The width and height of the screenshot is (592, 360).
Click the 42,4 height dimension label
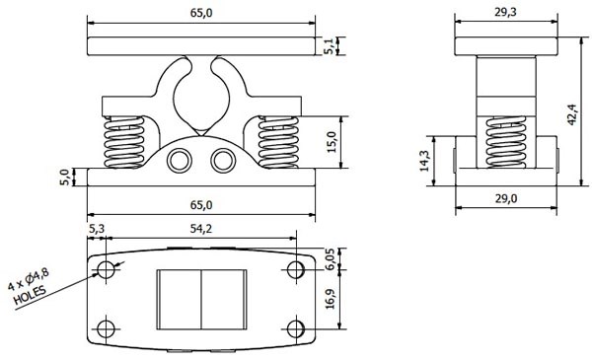coord(571,114)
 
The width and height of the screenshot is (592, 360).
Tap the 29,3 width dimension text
coord(505,12)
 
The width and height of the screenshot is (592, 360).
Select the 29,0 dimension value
coord(505,198)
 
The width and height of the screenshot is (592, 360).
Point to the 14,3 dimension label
coord(424,161)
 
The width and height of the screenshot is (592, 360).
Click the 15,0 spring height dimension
coord(332,142)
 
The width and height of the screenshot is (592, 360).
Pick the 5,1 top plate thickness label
coord(330,46)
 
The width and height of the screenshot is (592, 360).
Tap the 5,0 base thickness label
coord(64,178)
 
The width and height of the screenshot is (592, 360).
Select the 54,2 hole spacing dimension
coord(201,229)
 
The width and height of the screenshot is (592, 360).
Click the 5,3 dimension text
coord(97,229)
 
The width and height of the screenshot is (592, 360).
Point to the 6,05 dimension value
coord(330,258)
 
